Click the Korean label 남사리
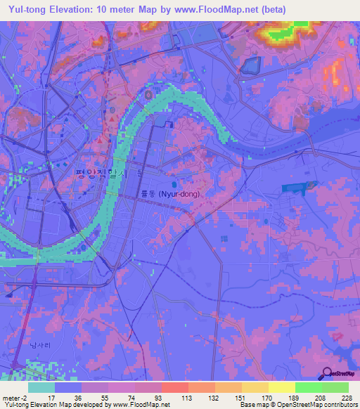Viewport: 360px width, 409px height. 42,345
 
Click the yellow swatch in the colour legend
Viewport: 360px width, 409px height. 281,387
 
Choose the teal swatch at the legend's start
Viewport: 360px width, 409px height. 41,387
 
